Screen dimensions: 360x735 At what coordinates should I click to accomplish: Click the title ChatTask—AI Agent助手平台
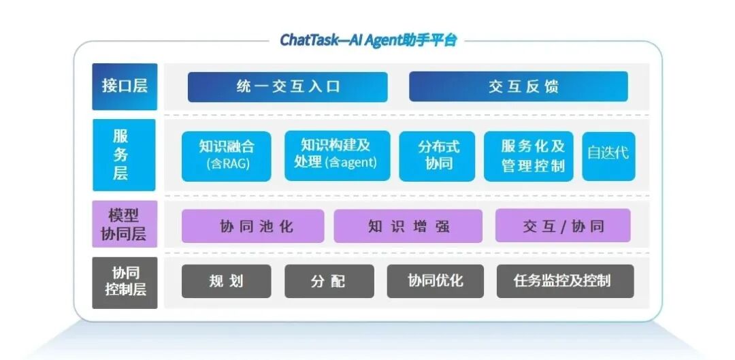pos(368,40)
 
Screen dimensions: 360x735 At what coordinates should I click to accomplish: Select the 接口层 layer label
pos(125,86)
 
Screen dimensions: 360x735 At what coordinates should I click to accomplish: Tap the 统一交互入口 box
pos(287,87)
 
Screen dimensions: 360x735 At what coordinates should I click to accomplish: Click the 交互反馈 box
pos(518,87)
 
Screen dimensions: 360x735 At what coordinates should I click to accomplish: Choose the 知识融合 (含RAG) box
pos(227,156)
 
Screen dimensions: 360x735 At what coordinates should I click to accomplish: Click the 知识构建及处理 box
pos(338,155)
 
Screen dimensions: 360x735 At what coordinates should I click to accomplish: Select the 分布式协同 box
pos(437,156)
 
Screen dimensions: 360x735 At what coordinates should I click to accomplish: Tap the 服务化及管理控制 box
pos(528,156)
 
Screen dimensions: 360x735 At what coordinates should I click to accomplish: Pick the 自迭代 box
pos(608,153)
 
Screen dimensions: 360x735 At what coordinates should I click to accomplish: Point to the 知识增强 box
pos(408,227)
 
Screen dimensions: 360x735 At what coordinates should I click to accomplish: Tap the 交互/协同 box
pos(563,226)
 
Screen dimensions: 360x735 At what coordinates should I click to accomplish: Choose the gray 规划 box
pos(226,281)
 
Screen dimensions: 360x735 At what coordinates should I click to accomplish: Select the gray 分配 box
pos(329,281)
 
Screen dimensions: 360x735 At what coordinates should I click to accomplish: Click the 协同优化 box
pos(435,281)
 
